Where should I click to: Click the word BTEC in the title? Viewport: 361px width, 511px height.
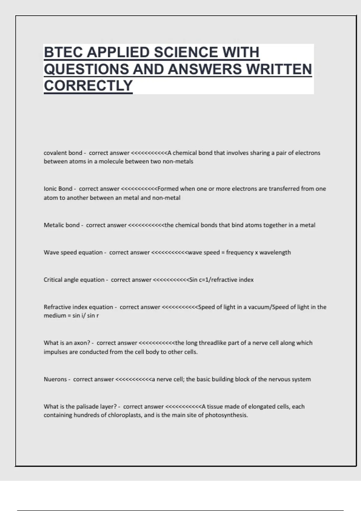[x=63, y=52]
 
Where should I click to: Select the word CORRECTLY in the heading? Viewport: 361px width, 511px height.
[x=88, y=86]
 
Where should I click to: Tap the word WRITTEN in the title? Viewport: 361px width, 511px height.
[x=279, y=69]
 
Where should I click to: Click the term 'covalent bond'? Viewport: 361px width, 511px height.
[x=63, y=153]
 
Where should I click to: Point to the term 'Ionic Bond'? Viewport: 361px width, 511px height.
[x=58, y=189]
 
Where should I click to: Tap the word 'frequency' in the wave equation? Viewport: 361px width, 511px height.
[x=239, y=252]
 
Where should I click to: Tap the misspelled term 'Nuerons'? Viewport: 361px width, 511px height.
[x=55, y=379]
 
